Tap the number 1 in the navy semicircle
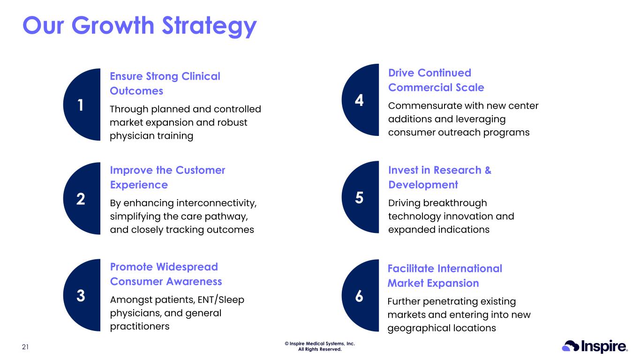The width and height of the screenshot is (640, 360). (81, 105)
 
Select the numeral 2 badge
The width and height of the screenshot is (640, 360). (81, 199)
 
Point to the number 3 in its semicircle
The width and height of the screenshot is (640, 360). (81, 295)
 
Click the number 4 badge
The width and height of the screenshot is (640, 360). (359, 100)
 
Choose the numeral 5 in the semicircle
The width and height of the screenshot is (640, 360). (359, 198)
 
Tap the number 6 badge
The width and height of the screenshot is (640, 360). (359, 296)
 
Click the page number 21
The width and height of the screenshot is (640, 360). (25, 347)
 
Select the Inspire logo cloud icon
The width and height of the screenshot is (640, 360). (571, 346)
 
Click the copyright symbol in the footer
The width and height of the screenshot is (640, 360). (286, 344)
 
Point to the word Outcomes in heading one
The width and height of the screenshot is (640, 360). (136, 91)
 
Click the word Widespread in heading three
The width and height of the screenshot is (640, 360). (187, 267)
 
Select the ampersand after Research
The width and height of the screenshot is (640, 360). (488, 170)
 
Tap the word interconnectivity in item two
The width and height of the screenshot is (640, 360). (216, 203)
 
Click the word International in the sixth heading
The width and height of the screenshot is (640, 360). (470, 269)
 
